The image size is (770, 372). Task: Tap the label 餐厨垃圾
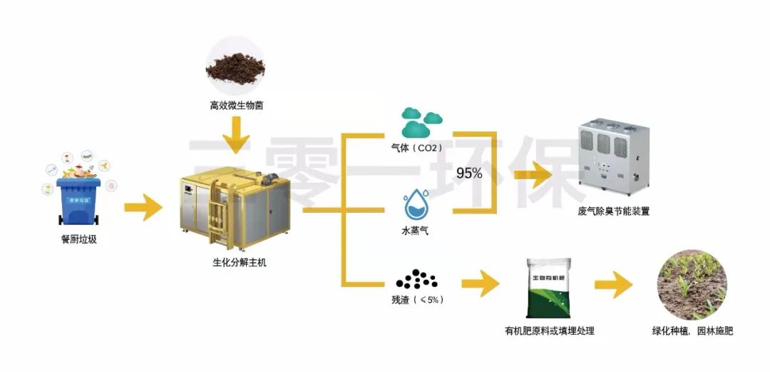(78, 240)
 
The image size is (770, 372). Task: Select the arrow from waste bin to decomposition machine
(143, 208)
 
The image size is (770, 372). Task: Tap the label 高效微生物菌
(235, 106)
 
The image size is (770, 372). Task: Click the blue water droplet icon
(416, 203)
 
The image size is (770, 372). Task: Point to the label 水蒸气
(415, 231)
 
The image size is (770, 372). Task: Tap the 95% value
(469, 173)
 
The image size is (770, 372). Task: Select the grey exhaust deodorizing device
(614, 157)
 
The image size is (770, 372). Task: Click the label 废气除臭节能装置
(614, 211)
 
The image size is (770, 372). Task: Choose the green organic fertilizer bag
(549, 288)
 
